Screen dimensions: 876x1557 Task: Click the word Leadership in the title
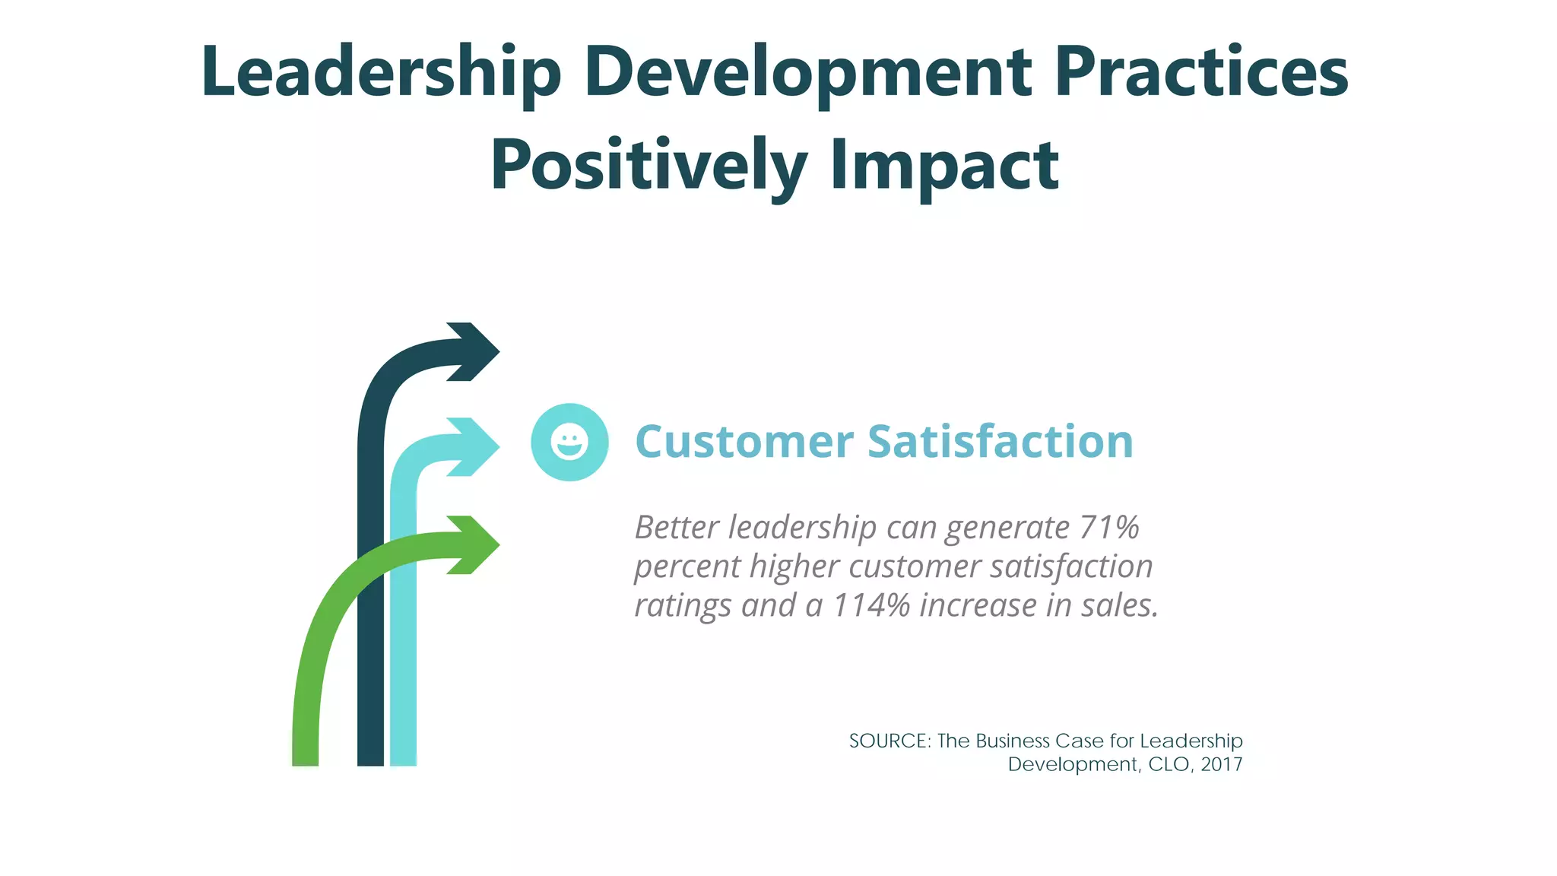click(381, 74)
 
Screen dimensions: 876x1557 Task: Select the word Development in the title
click(807, 74)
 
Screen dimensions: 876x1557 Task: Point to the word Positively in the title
click(648, 167)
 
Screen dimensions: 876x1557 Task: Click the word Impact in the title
click(944, 167)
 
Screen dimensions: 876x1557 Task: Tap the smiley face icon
click(569, 442)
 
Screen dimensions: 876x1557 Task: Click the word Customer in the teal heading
click(744, 442)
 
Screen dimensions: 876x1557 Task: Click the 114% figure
click(871, 605)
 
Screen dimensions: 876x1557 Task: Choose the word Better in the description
click(677, 527)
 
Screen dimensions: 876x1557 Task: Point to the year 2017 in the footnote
click(1222, 764)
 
